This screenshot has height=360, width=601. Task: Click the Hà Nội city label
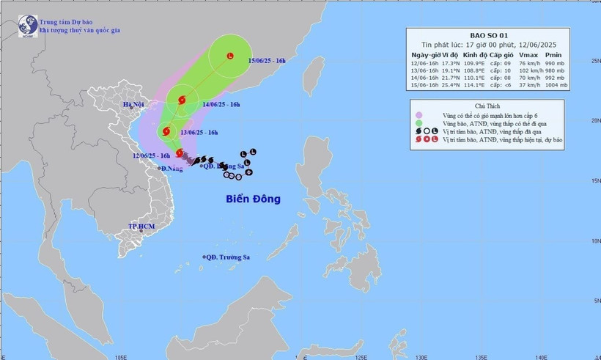(x=133, y=106)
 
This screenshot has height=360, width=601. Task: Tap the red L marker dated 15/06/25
(x=231, y=56)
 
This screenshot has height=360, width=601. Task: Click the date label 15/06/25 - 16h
(x=270, y=59)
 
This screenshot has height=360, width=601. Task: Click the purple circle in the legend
(x=418, y=115)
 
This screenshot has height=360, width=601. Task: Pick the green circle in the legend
(x=418, y=125)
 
